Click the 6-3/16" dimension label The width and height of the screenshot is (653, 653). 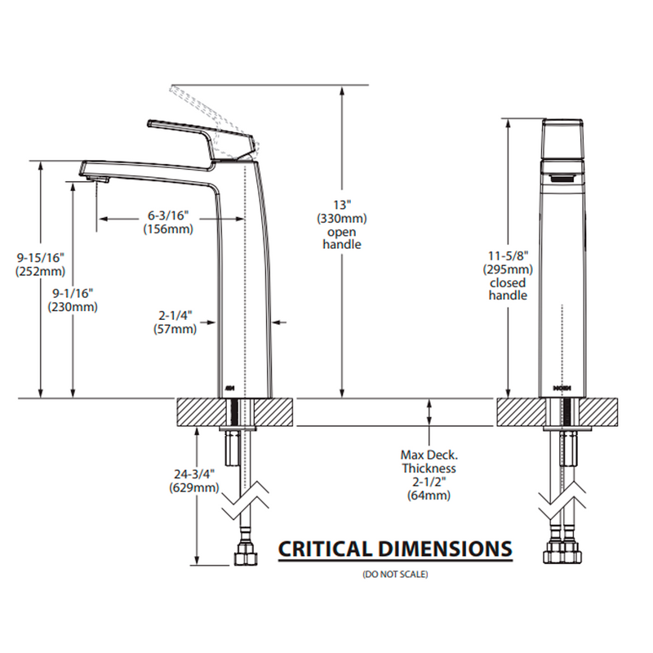pos(168,215)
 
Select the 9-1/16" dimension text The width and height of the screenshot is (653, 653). pos(73,292)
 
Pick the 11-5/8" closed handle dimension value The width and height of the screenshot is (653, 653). pos(508,255)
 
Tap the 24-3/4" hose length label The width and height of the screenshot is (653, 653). pos(193,473)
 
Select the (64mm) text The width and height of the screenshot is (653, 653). pos(429,495)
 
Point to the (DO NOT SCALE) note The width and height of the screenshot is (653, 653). pos(395,575)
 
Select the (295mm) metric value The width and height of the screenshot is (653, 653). pos(508,269)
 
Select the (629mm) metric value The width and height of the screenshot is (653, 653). pos(193,488)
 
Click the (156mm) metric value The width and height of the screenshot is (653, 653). pos(168,229)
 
